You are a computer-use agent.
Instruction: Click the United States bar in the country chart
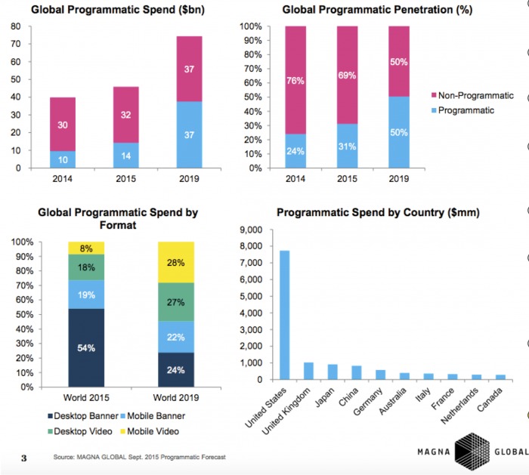pyautogui.click(x=285, y=314)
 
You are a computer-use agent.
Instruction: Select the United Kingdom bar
pyautogui.click(x=308, y=370)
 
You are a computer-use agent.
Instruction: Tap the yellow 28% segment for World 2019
pyautogui.click(x=176, y=262)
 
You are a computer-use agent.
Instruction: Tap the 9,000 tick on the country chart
pyautogui.click(x=251, y=230)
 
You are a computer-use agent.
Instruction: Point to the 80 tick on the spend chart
pyautogui.click(x=15, y=26)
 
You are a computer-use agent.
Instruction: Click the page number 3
pyautogui.click(x=23, y=458)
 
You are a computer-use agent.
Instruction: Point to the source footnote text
pyautogui.click(x=139, y=458)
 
